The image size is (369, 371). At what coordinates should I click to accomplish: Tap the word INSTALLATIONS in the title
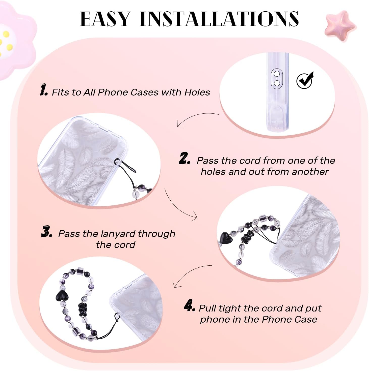tap(219, 19)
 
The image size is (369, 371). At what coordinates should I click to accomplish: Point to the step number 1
tap(44, 90)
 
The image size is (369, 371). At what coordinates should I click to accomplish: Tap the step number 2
tap(184, 158)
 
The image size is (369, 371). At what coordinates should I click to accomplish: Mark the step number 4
tap(189, 305)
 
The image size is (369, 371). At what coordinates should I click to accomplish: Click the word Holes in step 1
tap(197, 92)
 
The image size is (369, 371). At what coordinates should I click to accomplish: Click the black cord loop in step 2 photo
tap(124, 165)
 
